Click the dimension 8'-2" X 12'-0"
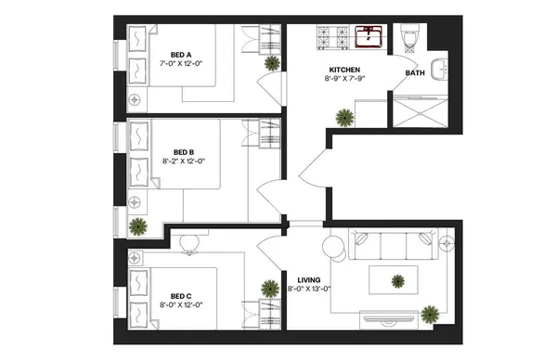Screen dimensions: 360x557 (x=183, y=161)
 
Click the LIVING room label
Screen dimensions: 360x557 (x=308, y=279)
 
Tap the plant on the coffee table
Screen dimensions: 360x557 (x=397, y=281)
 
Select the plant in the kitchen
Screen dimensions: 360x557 (x=344, y=118)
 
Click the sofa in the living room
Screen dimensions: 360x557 (x=391, y=247)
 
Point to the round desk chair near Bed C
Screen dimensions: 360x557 (x=189, y=244)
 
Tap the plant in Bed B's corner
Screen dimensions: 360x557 (x=138, y=225)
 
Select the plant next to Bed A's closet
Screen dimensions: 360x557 (x=271, y=63)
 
